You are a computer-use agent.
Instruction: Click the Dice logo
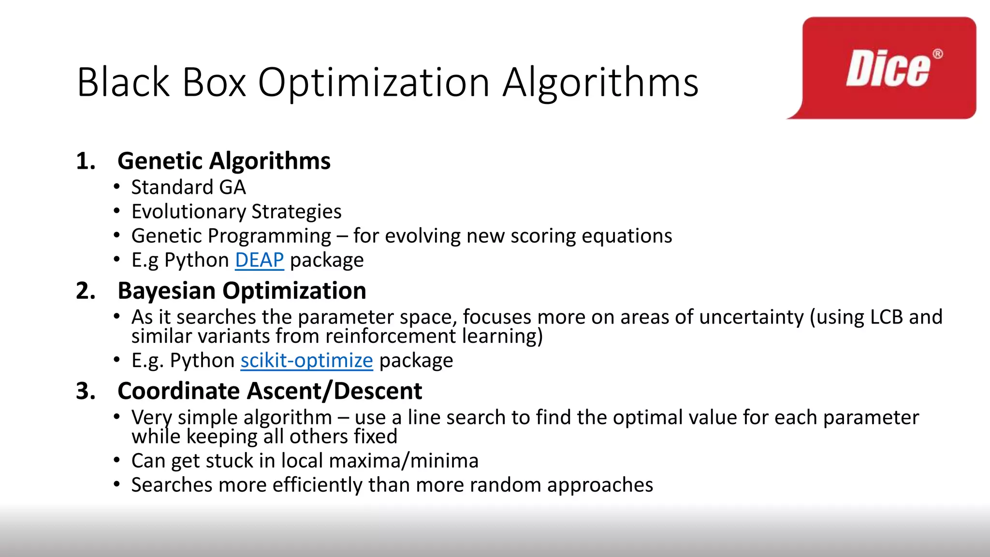tap(888, 69)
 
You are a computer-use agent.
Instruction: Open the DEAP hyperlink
tap(259, 260)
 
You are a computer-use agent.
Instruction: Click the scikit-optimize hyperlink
tap(306, 361)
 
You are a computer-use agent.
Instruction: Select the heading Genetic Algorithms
tap(224, 161)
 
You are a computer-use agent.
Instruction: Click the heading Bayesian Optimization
tap(242, 291)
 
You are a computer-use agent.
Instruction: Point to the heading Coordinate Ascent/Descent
tap(270, 391)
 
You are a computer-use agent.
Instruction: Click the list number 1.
tap(85, 161)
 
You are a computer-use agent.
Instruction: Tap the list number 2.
tap(86, 291)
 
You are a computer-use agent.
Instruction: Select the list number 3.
tap(86, 391)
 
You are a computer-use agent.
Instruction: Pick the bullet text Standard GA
tap(189, 188)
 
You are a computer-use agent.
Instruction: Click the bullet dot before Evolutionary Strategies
tap(116, 211)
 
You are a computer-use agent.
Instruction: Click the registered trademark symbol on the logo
tap(937, 54)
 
